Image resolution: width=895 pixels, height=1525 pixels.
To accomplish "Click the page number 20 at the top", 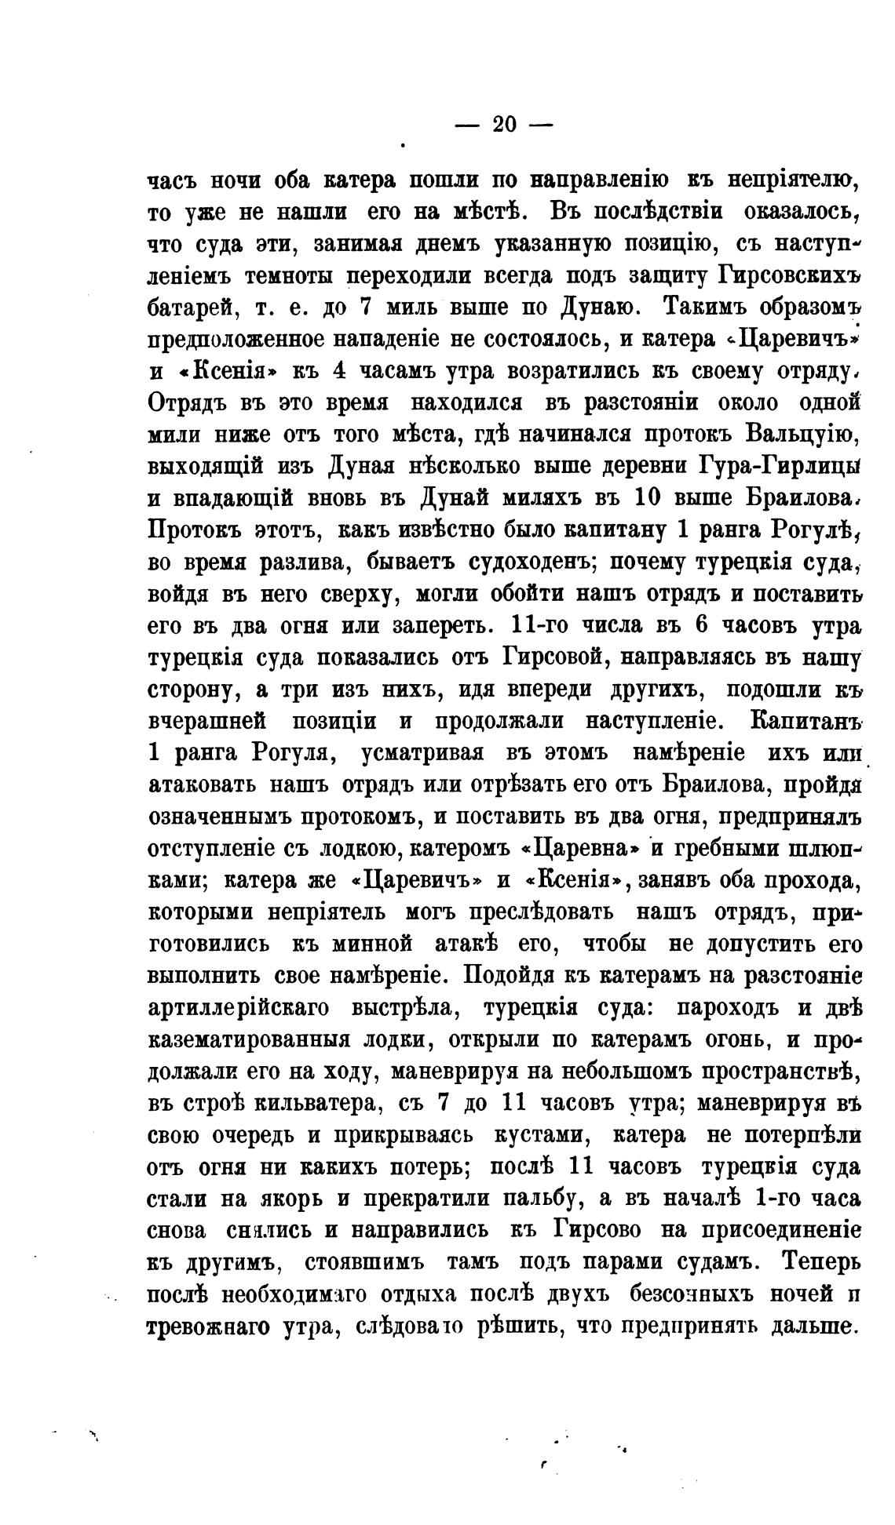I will coord(503,126).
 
